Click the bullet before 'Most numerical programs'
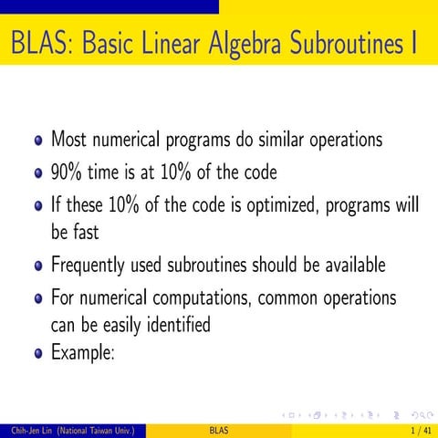[37, 141]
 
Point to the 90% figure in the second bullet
[67, 172]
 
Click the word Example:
[82, 351]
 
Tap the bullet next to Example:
[37, 351]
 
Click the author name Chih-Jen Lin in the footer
[25, 429]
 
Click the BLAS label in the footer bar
[219, 429]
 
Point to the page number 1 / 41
[421, 429]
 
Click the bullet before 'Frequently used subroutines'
[37, 266]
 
